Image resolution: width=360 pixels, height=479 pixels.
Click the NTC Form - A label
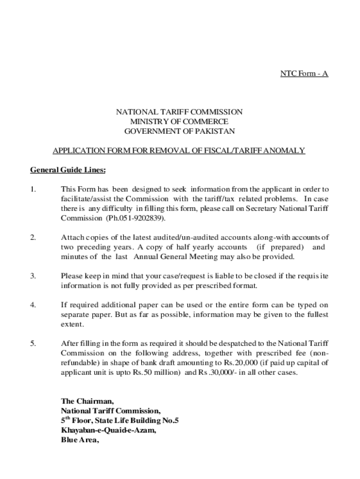(304, 73)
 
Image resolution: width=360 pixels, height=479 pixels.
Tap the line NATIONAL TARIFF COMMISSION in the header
(180, 112)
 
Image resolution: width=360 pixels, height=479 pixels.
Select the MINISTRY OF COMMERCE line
(180, 122)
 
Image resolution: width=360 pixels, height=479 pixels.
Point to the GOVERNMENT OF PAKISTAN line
(180, 131)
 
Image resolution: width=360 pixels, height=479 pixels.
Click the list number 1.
(33, 189)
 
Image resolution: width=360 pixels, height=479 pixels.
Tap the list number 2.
(33, 238)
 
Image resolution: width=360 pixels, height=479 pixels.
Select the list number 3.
(33, 276)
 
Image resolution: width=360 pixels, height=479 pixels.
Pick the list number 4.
(33, 305)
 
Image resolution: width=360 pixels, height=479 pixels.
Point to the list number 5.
(33, 344)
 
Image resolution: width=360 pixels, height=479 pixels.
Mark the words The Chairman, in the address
(87, 401)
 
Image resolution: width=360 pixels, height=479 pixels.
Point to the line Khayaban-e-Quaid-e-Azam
(108, 430)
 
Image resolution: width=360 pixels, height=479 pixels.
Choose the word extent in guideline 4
(72, 324)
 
